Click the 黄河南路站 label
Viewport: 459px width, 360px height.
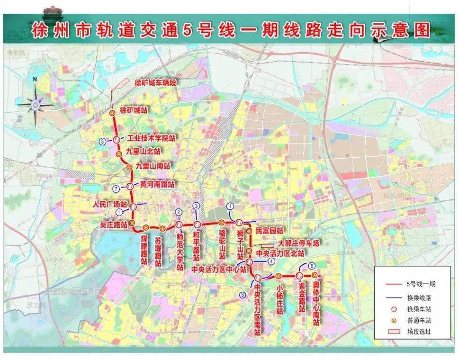click(x=157, y=184)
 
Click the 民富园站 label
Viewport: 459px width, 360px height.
click(x=269, y=230)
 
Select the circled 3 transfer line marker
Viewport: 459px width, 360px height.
click(x=196, y=206)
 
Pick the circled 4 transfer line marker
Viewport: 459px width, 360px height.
click(x=270, y=261)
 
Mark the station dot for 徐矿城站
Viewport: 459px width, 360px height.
click(x=113, y=113)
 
